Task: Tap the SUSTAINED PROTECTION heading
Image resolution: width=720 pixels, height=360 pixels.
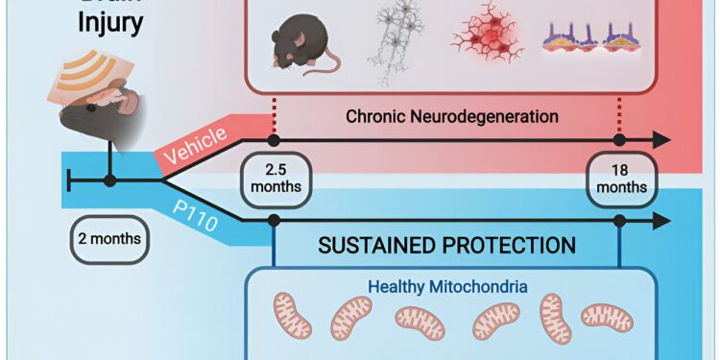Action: coord(447,245)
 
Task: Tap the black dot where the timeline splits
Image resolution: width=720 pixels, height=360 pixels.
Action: coord(109,180)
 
